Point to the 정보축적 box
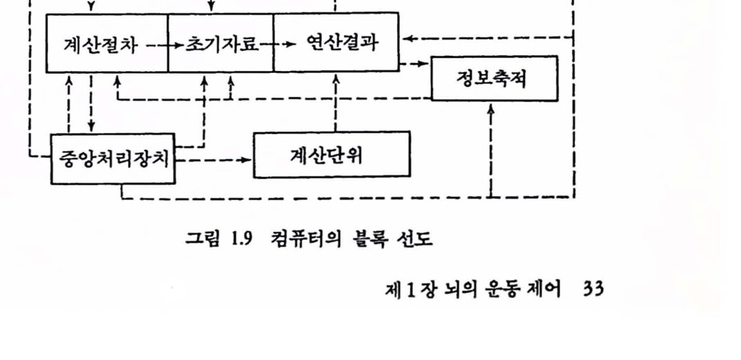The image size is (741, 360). coord(494,79)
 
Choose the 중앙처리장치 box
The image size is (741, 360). coord(113,159)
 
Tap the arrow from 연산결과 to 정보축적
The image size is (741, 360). coord(415,64)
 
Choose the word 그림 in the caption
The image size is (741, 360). coord(202,240)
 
